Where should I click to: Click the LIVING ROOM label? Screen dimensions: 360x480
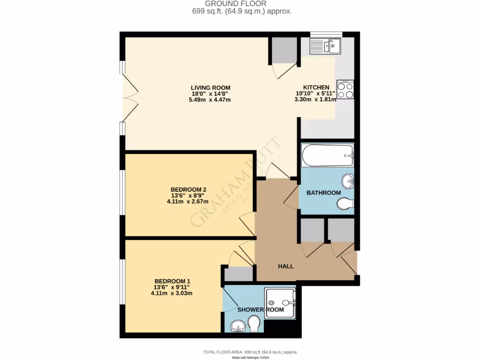pyautogui.click(x=210, y=88)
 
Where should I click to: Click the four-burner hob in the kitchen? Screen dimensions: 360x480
pyautogui.click(x=345, y=90)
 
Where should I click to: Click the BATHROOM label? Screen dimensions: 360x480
pyautogui.click(x=323, y=193)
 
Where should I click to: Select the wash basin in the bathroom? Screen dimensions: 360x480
pyautogui.click(x=347, y=180)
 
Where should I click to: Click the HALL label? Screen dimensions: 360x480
pyautogui.click(x=286, y=266)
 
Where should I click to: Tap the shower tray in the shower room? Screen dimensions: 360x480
pyautogui.click(x=280, y=303)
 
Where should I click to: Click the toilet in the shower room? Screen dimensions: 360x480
pyautogui.click(x=254, y=323)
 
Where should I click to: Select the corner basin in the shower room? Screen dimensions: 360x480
pyautogui.click(x=238, y=326)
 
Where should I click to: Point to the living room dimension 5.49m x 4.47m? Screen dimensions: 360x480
pyautogui.click(x=210, y=100)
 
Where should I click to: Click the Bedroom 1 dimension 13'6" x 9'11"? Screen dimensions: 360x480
pyautogui.click(x=172, y=287)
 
